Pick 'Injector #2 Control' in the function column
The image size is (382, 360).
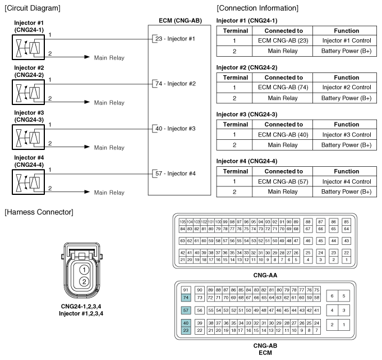(x=346, y=87)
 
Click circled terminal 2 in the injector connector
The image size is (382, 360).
(x=83, y=281)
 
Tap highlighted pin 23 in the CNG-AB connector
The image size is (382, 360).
(x=187, y=331)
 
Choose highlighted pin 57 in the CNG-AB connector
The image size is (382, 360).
(x=187, y=310)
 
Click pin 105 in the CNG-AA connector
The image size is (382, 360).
(x=182, y=222)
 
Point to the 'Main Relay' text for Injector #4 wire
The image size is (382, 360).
(x=109, y=193)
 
